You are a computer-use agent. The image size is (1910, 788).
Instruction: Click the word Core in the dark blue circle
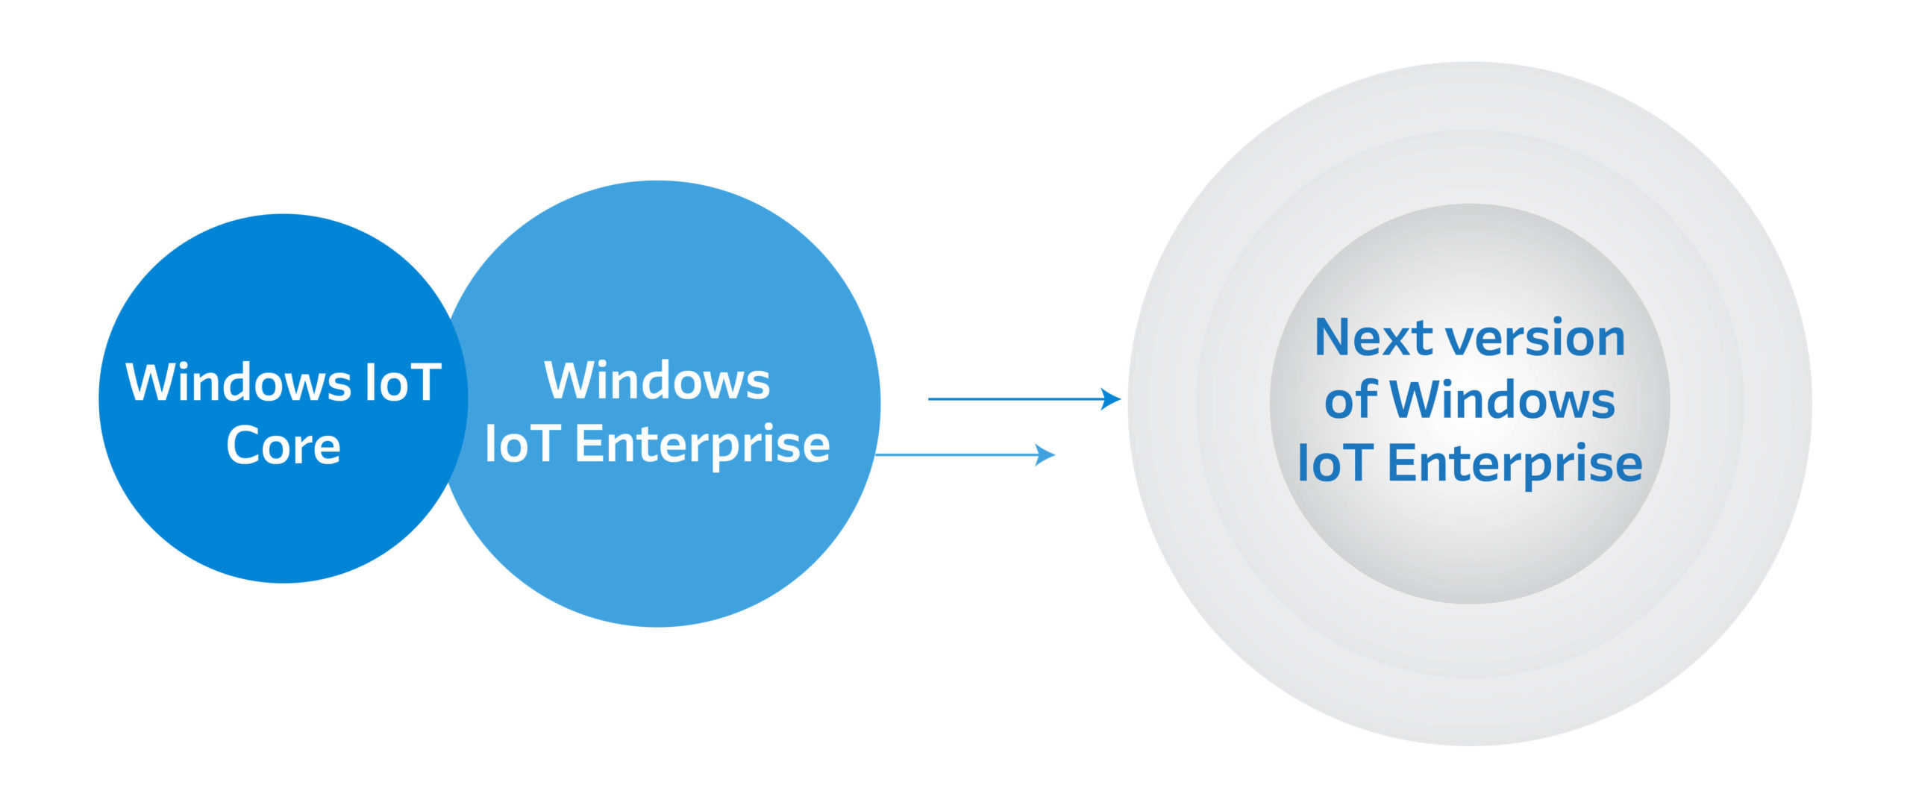pos(284,446)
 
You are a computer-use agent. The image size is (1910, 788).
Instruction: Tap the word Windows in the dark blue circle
pos(238,383)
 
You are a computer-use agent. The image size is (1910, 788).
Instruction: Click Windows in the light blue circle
pos(657,381)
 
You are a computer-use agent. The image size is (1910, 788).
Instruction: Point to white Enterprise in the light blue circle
pos(702,445)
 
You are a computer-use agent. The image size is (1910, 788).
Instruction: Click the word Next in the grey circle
pos(1374,337)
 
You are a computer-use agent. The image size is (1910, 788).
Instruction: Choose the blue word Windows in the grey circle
pos(1502,400)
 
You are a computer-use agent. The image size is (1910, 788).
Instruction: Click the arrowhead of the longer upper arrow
pos(1112,399)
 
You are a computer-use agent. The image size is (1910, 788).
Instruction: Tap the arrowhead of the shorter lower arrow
pos(1046,454)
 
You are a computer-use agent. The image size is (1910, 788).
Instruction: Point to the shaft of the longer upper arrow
pos(1015,399)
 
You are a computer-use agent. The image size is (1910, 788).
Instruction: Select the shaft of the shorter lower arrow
pos(955,454)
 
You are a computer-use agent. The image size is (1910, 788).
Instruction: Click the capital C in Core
pos(242,446)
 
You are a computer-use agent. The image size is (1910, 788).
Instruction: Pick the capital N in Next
pos(1336,337)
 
